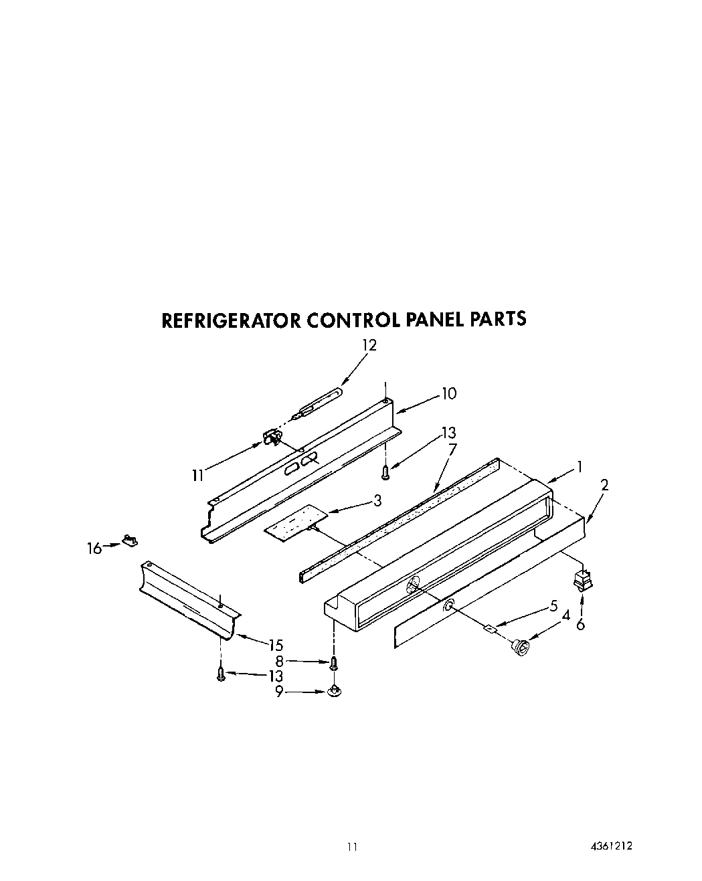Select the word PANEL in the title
(432, 319)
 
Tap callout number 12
(369, 345)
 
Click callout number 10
(449, 393)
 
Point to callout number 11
(197, 476)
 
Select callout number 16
(94, 549)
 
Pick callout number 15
(276, 645)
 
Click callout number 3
(377, 500)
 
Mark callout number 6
(580, 625)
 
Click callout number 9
(278, 693)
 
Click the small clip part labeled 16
(129, 539)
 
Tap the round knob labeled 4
(520, 646)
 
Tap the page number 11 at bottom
(352, 847)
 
